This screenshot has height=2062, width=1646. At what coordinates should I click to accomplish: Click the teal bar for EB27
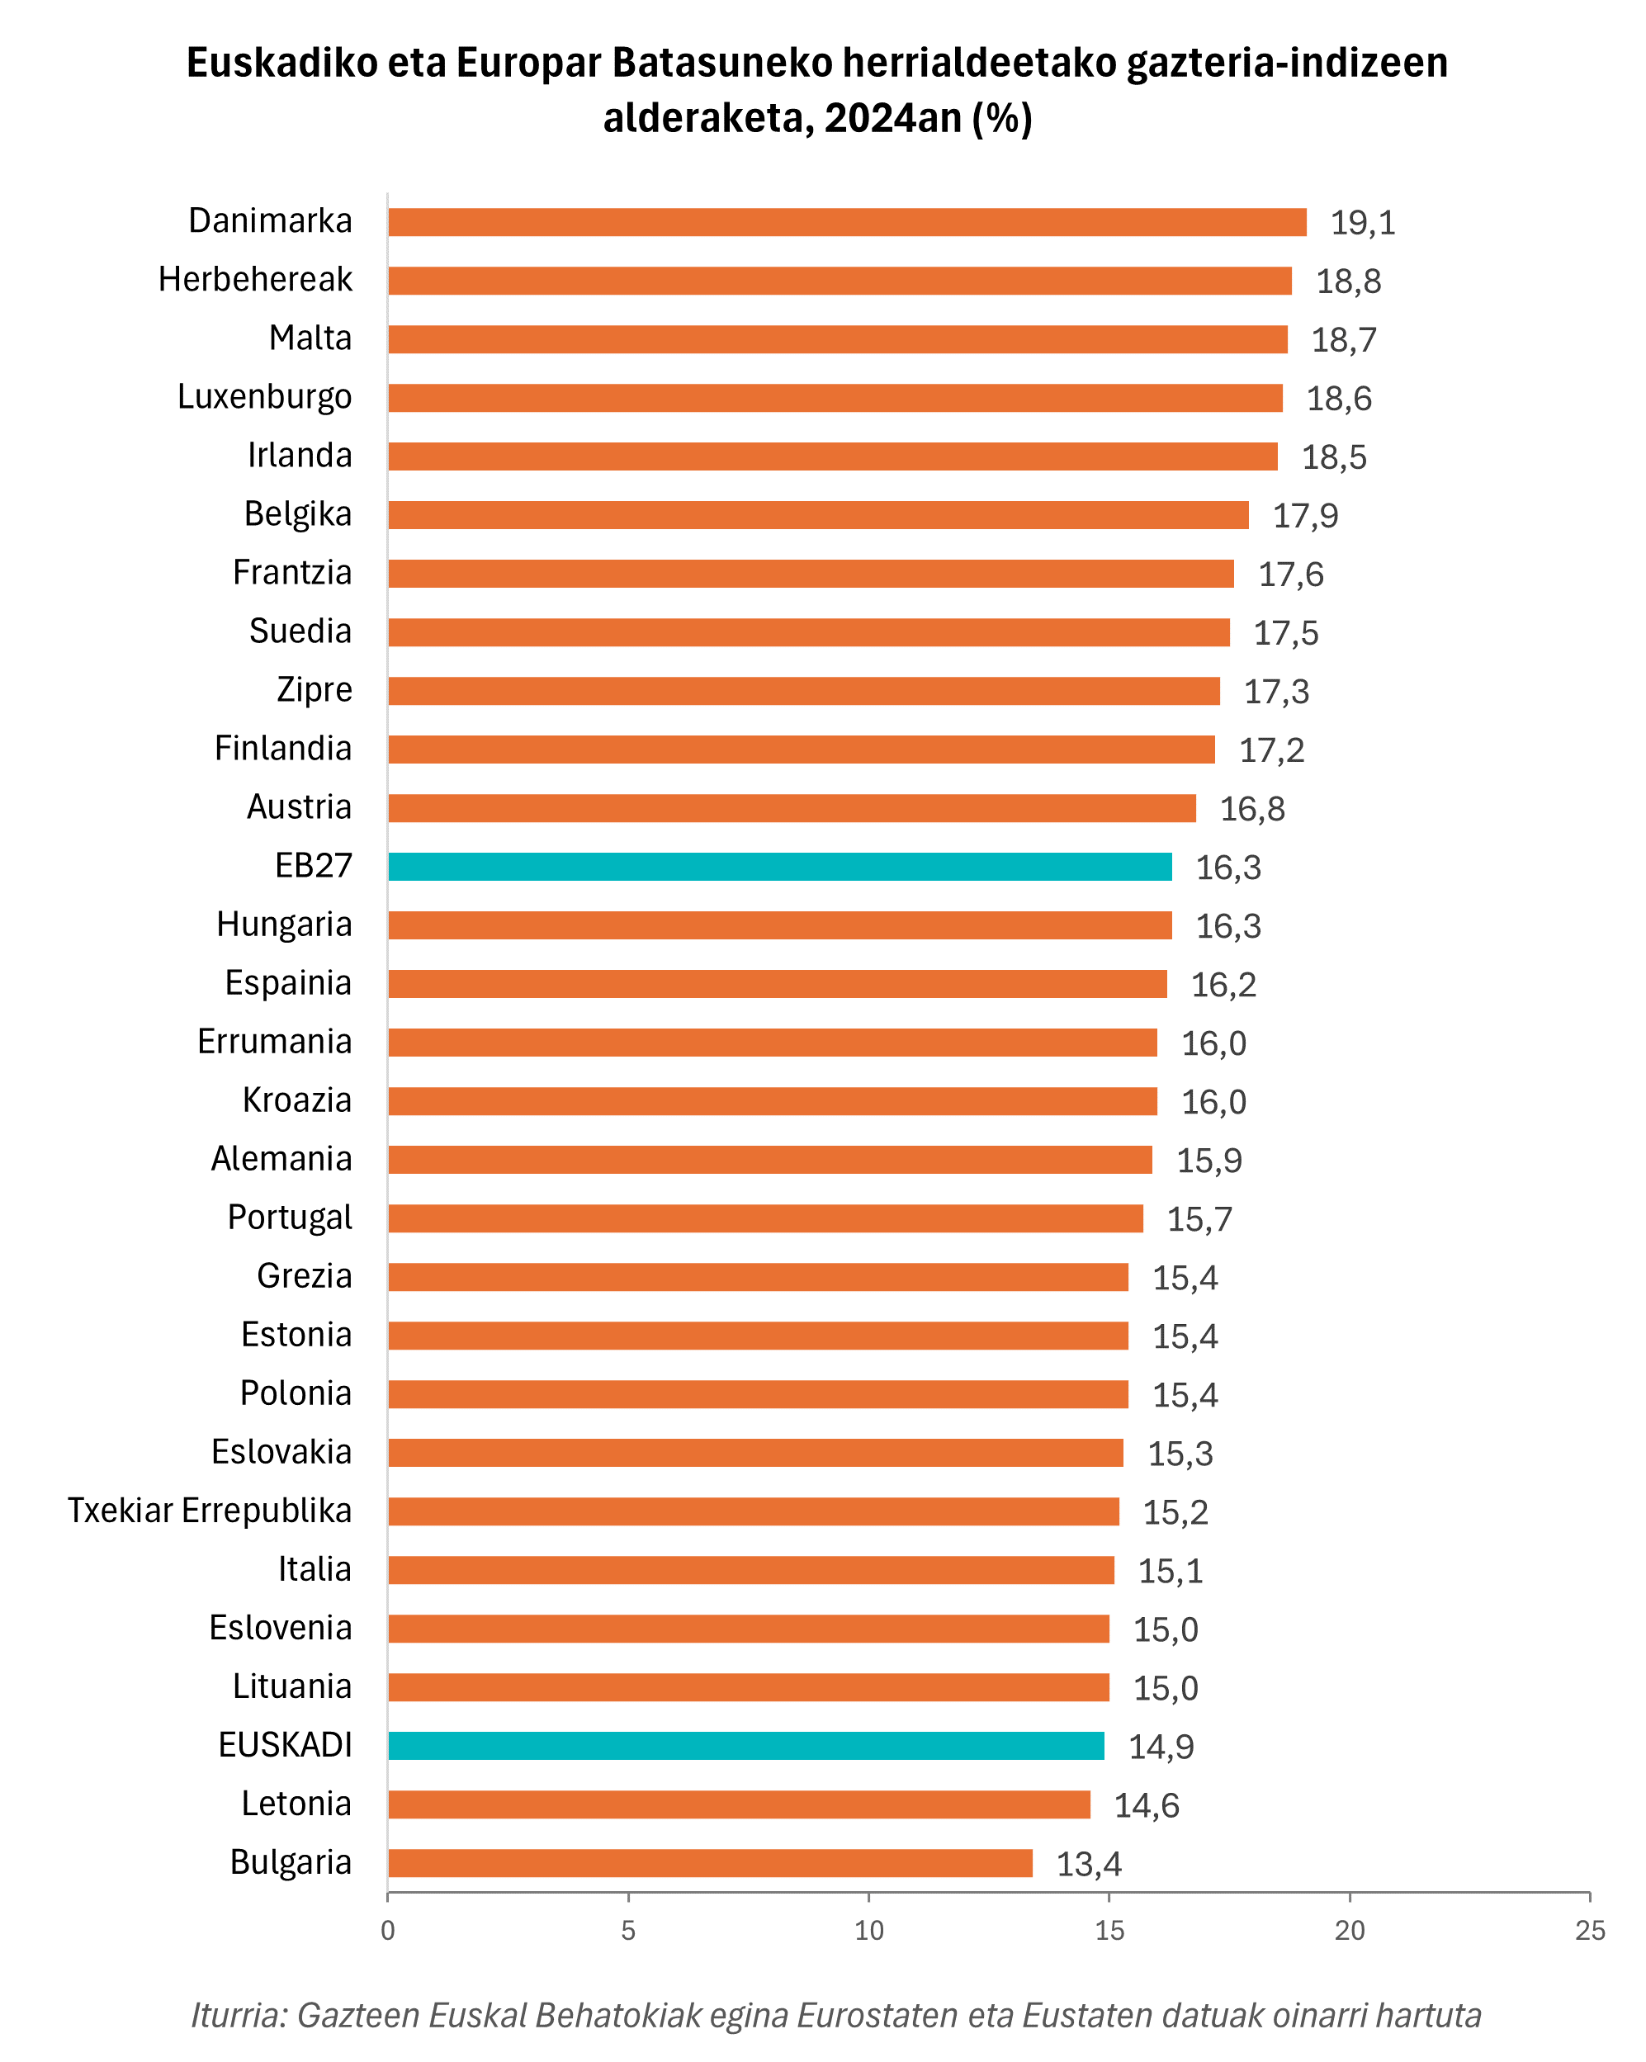779,867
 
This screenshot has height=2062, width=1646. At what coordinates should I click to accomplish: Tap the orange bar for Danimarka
846,222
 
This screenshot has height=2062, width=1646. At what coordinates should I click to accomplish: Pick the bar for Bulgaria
710,1863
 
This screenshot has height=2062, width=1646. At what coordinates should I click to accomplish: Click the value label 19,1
1363,223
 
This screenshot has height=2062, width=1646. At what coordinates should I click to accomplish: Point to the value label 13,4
1089,1864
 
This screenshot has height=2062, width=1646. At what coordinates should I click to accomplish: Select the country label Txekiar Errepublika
210,1510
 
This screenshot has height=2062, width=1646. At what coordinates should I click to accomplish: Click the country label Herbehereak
255,279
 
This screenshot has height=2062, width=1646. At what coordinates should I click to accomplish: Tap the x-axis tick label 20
1350,1931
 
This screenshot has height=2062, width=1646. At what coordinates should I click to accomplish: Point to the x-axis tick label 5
628,1931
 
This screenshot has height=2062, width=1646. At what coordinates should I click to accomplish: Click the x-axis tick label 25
1590,1931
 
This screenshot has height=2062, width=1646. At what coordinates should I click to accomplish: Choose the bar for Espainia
777,984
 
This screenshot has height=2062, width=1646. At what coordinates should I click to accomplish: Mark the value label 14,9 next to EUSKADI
1161,1747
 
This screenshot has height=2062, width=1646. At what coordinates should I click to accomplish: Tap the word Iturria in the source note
238,2015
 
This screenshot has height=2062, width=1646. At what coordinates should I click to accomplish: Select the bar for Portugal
765,1218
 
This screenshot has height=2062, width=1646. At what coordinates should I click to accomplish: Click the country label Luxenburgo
265,397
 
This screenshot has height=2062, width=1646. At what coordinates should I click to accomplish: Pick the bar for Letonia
738,1804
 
